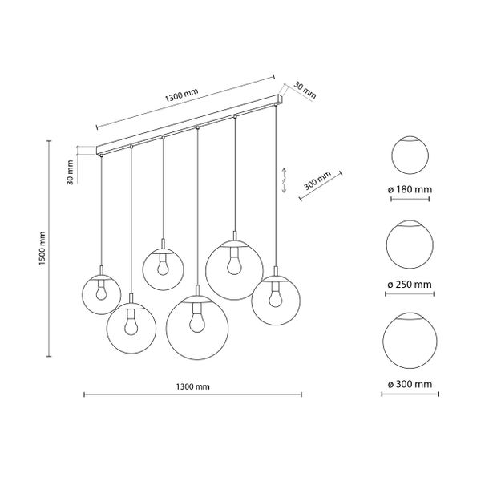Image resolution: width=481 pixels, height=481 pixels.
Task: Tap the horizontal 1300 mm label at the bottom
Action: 193,386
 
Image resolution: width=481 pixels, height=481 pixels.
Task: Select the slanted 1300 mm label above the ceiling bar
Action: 182,95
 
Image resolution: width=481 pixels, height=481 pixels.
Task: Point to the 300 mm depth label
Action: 317,180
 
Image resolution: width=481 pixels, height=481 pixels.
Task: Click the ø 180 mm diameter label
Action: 410,189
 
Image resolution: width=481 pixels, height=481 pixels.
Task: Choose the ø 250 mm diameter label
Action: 410,285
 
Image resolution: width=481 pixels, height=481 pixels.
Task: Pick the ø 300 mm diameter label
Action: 410,384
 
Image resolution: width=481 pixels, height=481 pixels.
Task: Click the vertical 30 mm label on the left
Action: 71,172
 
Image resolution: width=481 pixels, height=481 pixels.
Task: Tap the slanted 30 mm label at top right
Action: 305,90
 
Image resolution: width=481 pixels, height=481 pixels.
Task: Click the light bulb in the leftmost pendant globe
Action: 101,292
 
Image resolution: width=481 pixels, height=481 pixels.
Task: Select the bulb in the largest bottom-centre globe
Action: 197,321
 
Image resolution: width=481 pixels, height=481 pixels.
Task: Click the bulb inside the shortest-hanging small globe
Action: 163,266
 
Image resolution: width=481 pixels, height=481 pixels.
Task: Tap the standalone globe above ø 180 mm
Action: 410,155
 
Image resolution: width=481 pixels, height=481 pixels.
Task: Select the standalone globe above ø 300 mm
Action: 410,341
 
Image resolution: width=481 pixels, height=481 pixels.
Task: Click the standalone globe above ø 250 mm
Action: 410,245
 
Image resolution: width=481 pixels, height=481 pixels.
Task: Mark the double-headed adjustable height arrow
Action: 284,180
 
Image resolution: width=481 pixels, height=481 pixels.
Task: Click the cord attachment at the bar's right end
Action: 276,105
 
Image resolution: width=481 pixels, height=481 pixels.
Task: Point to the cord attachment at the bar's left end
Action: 101,156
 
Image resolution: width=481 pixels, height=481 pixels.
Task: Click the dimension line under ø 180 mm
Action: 410,199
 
